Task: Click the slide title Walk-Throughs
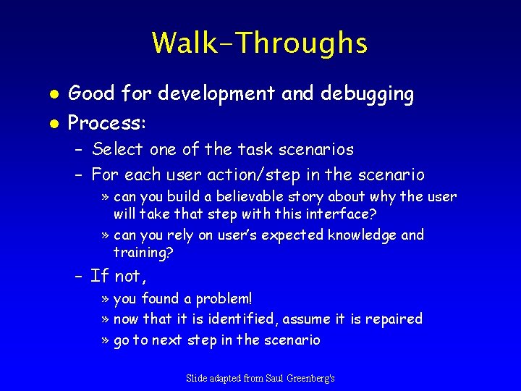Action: click(x=260, y=43)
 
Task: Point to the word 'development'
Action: click(x=219, y=94)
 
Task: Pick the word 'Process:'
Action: click(x=107, y=123)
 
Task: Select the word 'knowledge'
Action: click(x=362, y=235)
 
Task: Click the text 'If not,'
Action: click(x=119, y=277)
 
